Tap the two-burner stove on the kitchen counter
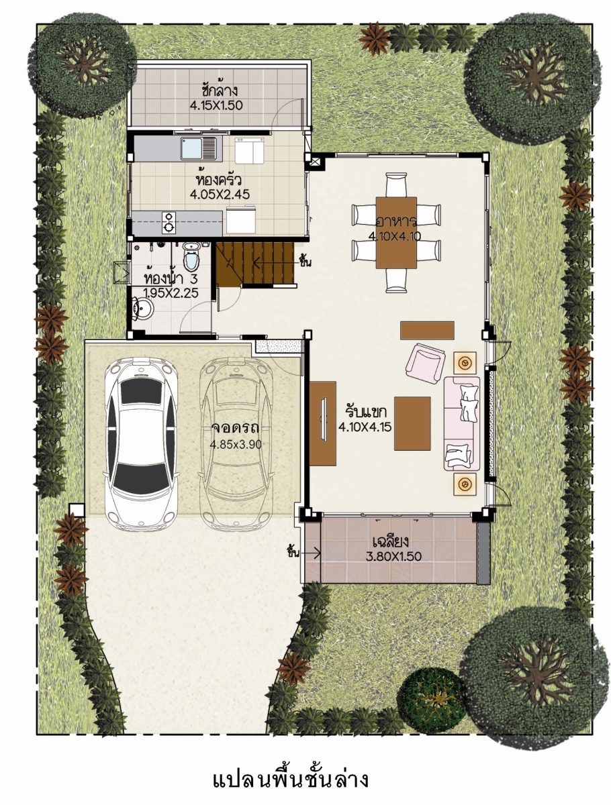tap(169, 222)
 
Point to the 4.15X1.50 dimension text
tap(216, 105)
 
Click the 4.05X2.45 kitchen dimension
tap(220, 194)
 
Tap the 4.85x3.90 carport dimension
tap(235, 445)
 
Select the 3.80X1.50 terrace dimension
tap(393, 556)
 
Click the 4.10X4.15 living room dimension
tap(365, 427)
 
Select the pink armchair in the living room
tap(426, 362)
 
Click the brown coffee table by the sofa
tap(412, 423)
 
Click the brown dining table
tap(396, 233)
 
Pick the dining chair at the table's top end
tap(396, 185)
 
